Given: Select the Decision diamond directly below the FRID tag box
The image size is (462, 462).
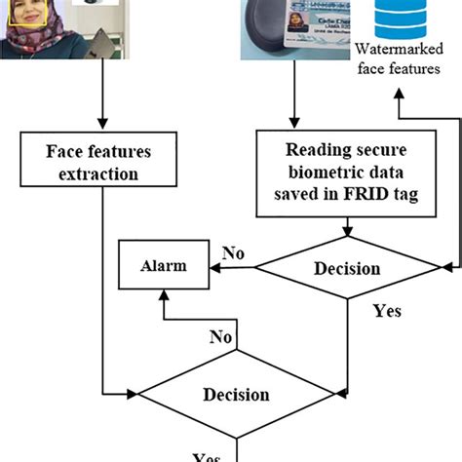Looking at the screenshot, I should (348, 266).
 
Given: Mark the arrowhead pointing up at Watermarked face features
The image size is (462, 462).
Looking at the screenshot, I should (397, 94).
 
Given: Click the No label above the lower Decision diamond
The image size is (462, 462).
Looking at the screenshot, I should (222, 337).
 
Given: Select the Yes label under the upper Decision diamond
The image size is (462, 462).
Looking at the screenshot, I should (387, 312).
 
